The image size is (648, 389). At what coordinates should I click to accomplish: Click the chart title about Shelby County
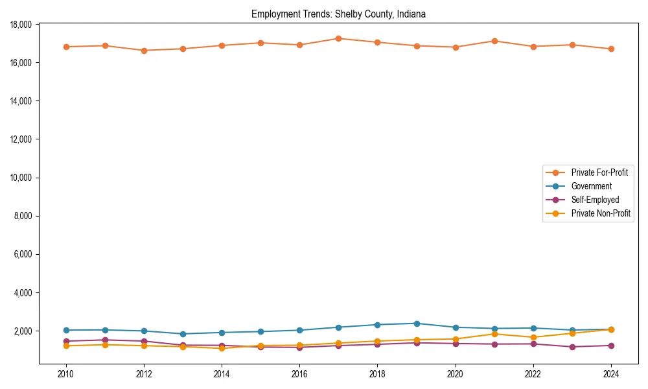(338, 14)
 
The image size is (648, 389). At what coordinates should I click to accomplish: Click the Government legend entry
(591, 186)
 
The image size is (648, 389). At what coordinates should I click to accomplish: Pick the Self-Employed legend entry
(595, 200)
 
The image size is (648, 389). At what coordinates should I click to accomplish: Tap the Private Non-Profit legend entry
(601, 213)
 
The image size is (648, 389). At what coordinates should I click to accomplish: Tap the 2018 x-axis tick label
(377, 374)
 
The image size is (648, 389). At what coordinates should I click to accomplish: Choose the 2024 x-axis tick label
(611, 374)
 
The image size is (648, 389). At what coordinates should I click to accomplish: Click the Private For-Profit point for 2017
(338, 38)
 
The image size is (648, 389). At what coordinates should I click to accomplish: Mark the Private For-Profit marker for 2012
(144, 51)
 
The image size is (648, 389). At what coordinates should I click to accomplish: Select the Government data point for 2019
(417, 324)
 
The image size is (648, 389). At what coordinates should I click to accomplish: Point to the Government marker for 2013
(183, 334)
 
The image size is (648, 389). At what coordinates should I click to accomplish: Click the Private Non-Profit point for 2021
(494, 334)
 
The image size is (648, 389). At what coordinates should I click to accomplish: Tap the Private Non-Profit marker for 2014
(222, 349)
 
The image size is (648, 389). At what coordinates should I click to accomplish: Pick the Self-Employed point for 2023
(572, 347)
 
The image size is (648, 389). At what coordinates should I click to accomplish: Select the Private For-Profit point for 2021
(494, 41)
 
